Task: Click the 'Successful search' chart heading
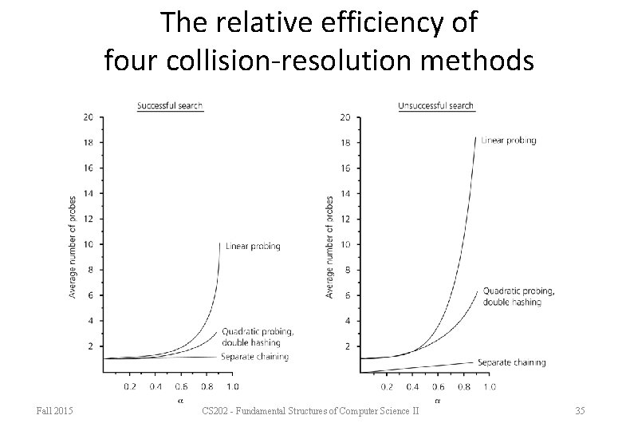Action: point(170,105)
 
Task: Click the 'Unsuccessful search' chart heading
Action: point(435,105)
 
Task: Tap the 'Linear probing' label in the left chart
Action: point(253,246)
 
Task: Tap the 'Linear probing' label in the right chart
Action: point(509,140)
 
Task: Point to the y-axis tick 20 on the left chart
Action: point(88,117)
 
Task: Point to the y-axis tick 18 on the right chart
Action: point(344,143)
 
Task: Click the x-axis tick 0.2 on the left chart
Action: point(130,386)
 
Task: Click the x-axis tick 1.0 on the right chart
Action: point(489,386)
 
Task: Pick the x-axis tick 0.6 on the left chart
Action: point(181,386)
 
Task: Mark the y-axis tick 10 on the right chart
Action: point(344,244)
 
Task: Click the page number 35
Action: point(580,411)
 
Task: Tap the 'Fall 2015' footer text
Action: point(55,411)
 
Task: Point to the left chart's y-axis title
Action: point(73,247)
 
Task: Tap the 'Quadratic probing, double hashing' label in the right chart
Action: point(518,296)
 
